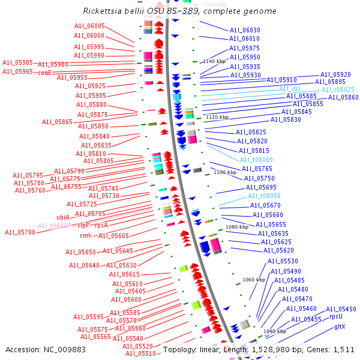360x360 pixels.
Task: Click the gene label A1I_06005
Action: coord(89,26)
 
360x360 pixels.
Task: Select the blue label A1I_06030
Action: coord(245,30)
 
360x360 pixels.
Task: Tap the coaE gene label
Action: coord(44,72)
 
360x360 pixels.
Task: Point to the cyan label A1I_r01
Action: coord(290,89)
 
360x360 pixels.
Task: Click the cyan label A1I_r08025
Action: coord(338,89)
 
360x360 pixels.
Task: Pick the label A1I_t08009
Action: coord(256,160)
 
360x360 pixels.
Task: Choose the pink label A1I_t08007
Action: coord(54,226)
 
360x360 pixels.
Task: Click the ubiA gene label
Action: coord(64,217)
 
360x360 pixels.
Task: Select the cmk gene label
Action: coord(86,235)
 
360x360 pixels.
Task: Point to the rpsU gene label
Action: coord(336,316)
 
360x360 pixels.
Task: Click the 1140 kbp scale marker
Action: coord(214,61)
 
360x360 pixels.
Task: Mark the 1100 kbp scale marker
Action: coord(225,172)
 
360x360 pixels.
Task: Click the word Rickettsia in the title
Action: coord(106,11)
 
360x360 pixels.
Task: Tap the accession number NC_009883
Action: coord(67,349)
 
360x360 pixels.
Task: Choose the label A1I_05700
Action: coord(20,232)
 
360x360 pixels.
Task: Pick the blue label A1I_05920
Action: coord(335,74)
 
